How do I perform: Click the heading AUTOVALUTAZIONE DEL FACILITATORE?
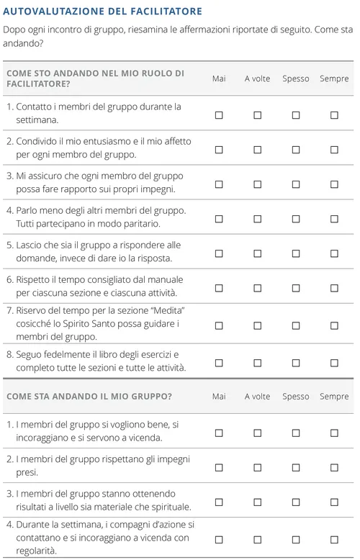[103, 12]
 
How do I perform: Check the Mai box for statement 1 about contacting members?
[219, 115]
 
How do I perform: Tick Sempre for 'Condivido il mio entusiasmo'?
[334, 150]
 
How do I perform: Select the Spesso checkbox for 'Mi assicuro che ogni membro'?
[295, 184]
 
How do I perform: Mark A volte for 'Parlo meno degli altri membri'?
[257, 219]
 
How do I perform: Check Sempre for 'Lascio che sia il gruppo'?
[334, 253]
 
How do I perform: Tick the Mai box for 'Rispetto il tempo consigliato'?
[219, 288]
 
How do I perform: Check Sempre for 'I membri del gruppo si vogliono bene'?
[334, 433]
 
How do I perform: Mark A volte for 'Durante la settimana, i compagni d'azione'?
[257, 538]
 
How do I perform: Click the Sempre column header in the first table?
[334, 78]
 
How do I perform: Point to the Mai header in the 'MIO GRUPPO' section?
[219, 397]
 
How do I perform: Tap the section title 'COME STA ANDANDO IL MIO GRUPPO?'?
[89, 397]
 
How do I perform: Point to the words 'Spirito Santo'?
[84, 323]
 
